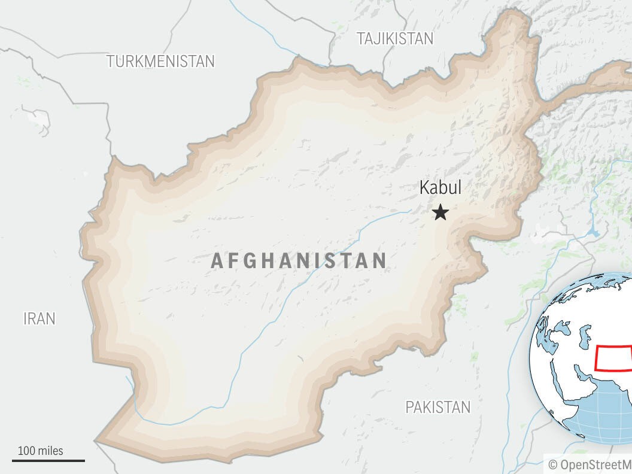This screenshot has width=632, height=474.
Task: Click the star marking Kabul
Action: [x=440, y=212]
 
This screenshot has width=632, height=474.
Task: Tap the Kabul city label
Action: [x=440, y=187]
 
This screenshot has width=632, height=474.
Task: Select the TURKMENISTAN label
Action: [x=160, y=61]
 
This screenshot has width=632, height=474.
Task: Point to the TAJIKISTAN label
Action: [x=395, y=39]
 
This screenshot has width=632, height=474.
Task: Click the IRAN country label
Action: [x=39, y=318]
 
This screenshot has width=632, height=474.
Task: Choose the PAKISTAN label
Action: [x=438, y=408]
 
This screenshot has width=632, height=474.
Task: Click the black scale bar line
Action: [x=48, y=461]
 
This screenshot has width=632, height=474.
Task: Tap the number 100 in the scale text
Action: [x=26, y=451]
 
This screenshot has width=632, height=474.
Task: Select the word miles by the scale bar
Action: [x=50, y=451]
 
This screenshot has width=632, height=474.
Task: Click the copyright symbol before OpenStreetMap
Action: [x=552, y=464]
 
